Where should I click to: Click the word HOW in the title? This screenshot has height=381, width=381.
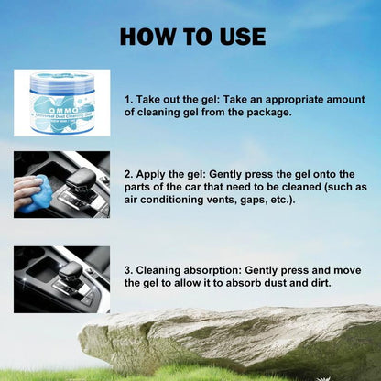coord(148,37)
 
